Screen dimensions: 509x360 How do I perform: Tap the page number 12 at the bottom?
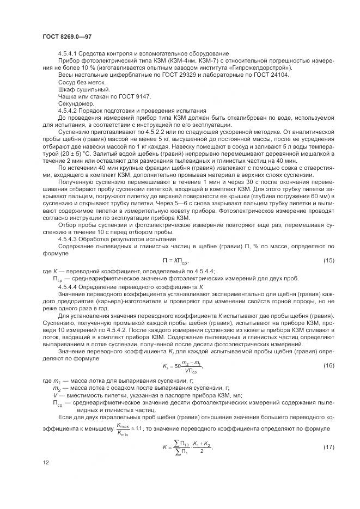pos(45,477)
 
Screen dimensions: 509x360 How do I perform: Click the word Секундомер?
pos(75,103)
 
